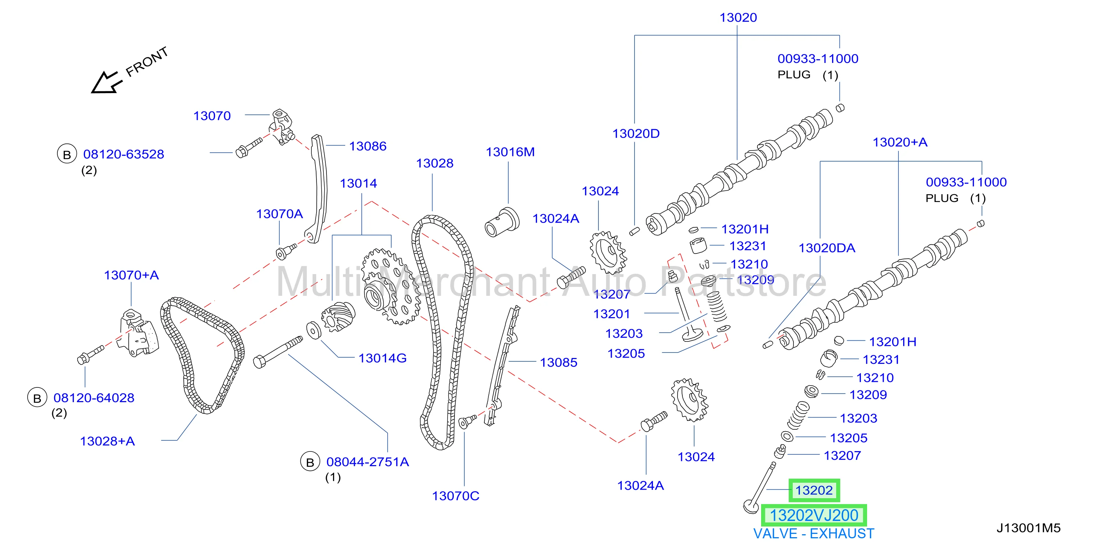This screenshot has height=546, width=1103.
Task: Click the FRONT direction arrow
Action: click(x=105, y=82)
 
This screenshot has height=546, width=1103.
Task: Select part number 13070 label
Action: click(x=212, y=116)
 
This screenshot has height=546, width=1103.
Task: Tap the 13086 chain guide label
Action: click(x=368, y=146)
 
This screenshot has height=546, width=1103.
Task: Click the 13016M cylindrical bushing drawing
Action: click(x=502, y=222)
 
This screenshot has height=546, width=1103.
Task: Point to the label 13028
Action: click(x=435, y=163)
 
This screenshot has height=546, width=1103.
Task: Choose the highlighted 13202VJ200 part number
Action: click(x=814, y=515)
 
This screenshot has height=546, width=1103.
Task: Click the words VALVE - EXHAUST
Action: click(x=814, y=534)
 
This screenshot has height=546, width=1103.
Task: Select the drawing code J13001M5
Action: click(x=1029, y=528)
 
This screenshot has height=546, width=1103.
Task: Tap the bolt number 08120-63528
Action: click(x=124, y=155)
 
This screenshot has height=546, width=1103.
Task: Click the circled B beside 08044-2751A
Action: click(x=310, y=462)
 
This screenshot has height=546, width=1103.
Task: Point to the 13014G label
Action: click(x=382, y=358)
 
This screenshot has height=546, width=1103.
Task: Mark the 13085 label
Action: click(x=558, y=363)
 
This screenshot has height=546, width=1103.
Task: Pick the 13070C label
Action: click(x=456, y=496)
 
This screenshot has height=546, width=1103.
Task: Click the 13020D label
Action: click(x=636, y=134)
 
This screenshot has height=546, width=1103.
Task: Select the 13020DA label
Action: click(x=827, y=248)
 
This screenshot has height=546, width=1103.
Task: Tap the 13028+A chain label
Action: click(x=107, y=441)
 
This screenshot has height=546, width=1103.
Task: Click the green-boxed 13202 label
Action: click(x=814, y=490)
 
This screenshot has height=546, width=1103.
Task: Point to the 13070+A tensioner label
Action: click(x=131, y=275)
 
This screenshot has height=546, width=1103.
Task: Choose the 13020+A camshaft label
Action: click(x=900, y=142)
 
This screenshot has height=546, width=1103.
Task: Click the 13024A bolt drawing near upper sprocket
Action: click(x=571, y=277)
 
